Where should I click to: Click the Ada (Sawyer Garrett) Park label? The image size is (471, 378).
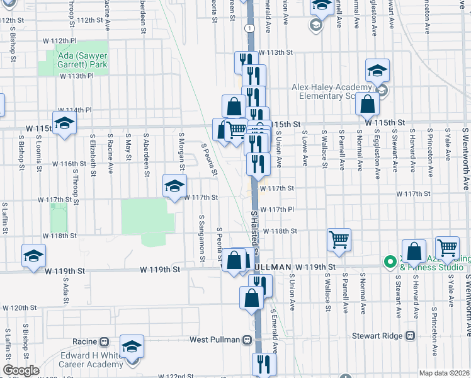pyautogui.click(x=82, y=59)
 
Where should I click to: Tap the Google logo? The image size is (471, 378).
pyautogui.click(x=20, y=370)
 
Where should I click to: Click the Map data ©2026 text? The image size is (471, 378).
pyautogui.click(x=445, y=373)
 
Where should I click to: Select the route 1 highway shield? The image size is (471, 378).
pyautogui.click(x=250, y=28)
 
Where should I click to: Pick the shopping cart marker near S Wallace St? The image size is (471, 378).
pyautogui.click(x=339, y=239)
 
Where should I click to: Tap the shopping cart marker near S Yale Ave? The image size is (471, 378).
pyautogui.click(x=447, y=248)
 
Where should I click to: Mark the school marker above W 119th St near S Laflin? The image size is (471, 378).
pyautogui.click(x=34, y=255)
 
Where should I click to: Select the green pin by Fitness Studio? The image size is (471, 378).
pyautogui.click(x=390, y=260)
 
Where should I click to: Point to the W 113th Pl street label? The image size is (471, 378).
pyautogui.click(x=76, y=76)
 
